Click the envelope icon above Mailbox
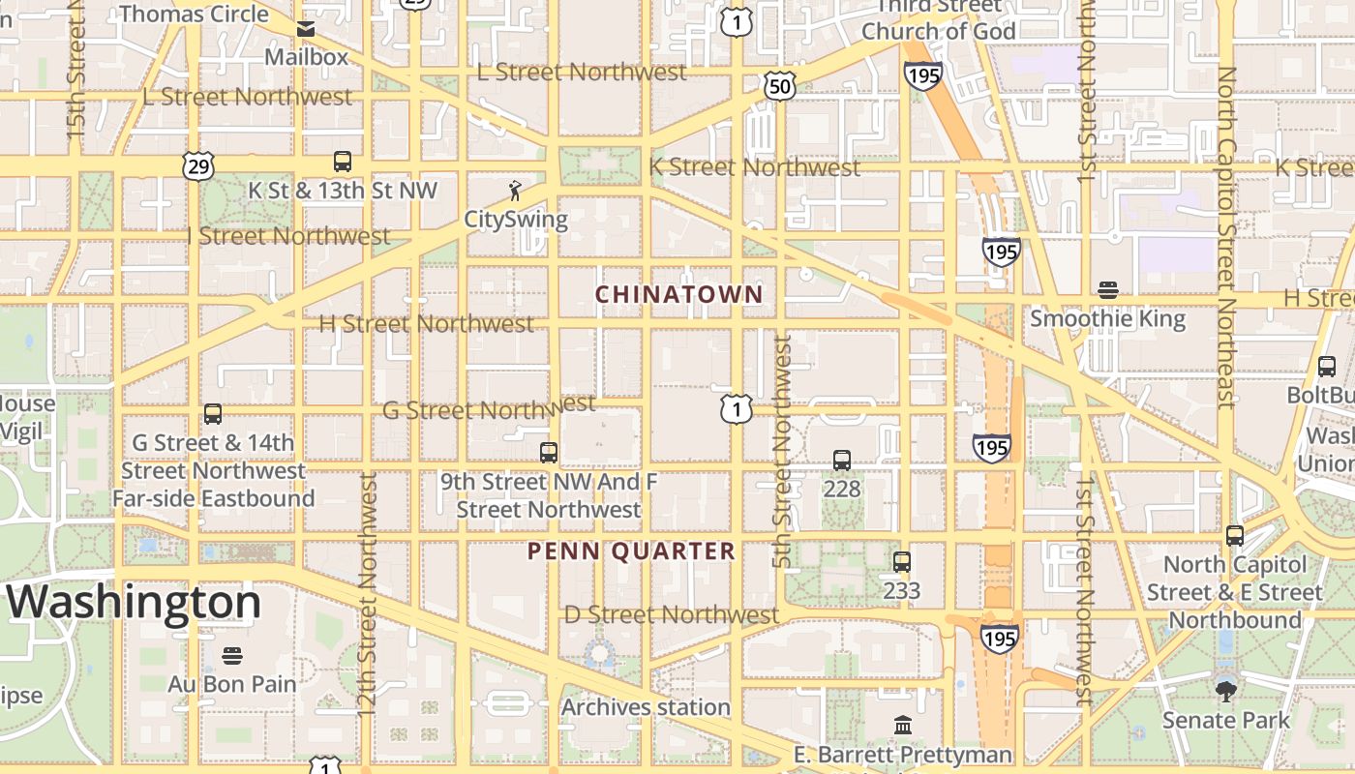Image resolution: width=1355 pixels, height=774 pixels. (306, 29)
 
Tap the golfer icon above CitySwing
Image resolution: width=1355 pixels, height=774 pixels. (515, 191)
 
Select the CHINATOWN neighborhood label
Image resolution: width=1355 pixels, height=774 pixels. (678, 294)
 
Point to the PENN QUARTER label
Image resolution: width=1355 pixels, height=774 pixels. (631, 551)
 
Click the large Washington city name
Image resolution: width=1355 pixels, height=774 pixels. (135, 602)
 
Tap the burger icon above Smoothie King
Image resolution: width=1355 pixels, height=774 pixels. (1108, 290)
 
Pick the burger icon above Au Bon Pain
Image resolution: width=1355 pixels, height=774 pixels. (231, 656)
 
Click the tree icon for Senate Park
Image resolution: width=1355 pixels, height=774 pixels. (1225, 691)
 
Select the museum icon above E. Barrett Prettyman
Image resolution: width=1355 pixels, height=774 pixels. (903, 726)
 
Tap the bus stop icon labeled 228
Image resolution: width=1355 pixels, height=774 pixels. (842, 461)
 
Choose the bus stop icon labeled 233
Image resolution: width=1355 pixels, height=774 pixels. (902, 562)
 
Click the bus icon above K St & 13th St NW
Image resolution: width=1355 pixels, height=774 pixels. (343, 162)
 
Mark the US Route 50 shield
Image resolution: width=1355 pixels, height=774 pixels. (779, 87)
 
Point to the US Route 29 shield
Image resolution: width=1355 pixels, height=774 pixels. (197, 166)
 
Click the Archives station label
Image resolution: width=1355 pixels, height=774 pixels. (646, 707)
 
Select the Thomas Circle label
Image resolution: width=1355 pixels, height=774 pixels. (194, 14)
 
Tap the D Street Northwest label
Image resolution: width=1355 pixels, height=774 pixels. (672, 614)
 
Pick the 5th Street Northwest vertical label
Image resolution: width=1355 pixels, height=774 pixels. (783, 452)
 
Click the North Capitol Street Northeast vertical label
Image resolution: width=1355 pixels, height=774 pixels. (1227, 237)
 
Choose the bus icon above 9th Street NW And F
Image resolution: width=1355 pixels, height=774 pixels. (549, 452)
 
